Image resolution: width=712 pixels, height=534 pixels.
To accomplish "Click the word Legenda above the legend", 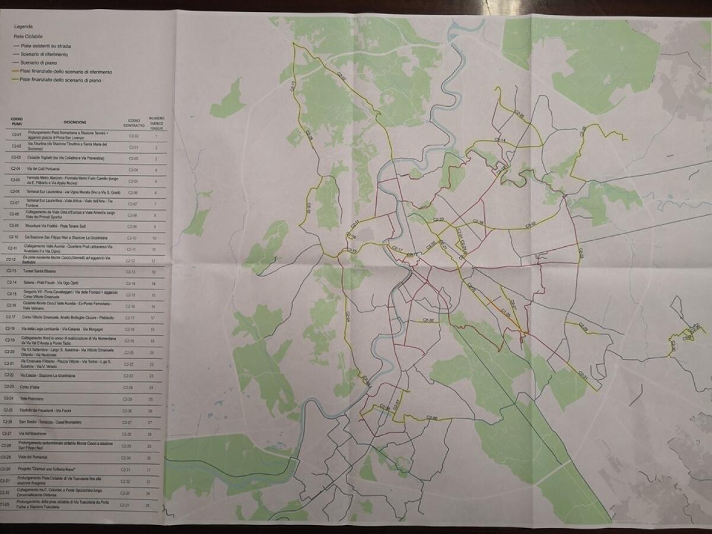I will (x=24, y=27).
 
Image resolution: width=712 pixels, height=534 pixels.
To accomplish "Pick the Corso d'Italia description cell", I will (x=29, y=387).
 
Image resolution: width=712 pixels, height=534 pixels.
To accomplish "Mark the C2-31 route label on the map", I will (x=582, y=376).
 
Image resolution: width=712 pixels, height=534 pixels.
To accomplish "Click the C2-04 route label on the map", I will (x=348, y=320).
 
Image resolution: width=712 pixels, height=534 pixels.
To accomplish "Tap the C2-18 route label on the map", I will (x=479, y=224).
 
